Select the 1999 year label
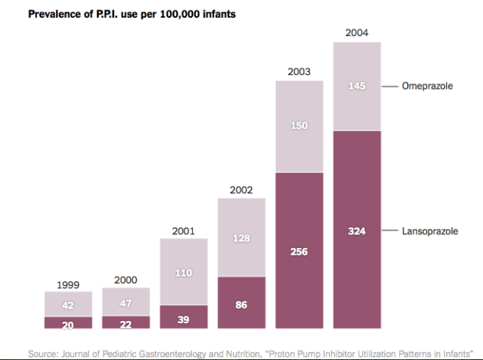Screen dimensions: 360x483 tap(68, 284)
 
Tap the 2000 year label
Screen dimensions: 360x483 tap(126, 280)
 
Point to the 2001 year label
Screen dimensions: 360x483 tap(183, 231)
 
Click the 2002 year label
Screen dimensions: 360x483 tap(241, 190)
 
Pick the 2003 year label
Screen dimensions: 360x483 tap(299, 72)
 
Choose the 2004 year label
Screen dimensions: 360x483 tap(356, 33)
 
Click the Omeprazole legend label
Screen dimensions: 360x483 tap(427, 86)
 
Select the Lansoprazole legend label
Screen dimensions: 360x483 tap(430, 231)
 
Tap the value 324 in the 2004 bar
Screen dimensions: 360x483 tap(357, 231)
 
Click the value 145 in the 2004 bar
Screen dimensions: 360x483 tap(357, 87)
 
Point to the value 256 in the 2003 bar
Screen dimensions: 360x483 tap(299, 252)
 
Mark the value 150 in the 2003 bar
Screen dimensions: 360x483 tap(299, 126)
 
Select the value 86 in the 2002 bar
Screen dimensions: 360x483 tap(241, 303)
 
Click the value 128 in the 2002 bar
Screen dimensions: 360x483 tap(241, 238)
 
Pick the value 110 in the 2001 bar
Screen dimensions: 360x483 tap(183, 272)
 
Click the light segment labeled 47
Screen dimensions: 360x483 tap(126, 303)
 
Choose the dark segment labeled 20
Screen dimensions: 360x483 tap(68, 322)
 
